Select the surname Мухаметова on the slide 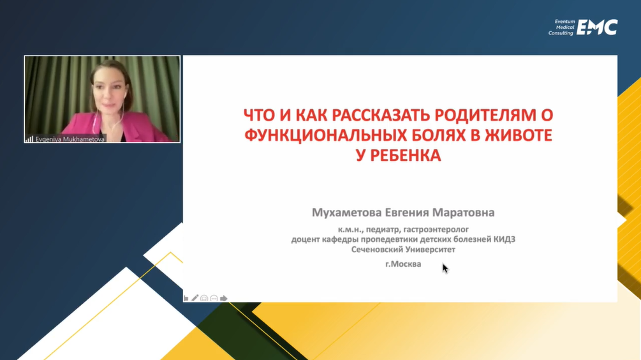pyautogui.click(x=347, y=213)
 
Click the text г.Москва pyautogui.click(x=403, y=264)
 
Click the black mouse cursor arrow pyautogui.click(x=445, y=268)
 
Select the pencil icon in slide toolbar pyautogui.click(x=195, y=298)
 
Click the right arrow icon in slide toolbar pyautogui.click(x=224, y=298)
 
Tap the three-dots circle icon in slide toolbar pyautogui.click(x=214, y=299)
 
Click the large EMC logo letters pyautogui.click(x=597, y=28)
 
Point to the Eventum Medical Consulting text pyautogui.click(x=562, y=27)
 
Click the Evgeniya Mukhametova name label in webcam pyautogui.click(x=70, y=139)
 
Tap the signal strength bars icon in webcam pyautogui.click(x=29, y=139)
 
